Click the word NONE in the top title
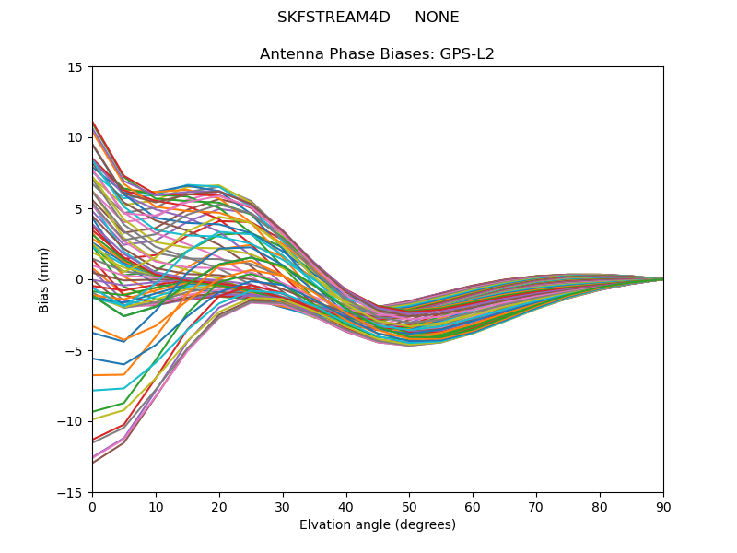tap(437, 18)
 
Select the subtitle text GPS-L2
tap(469, 54)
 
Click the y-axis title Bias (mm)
tap(44, 279)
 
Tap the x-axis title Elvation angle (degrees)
tap(378, 525)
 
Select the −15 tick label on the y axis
tap(72, 493)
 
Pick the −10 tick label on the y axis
tap(72, 422)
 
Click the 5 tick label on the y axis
tap(79, 209)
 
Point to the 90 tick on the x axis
tap(663, 507)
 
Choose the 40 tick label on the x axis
tap(346, 507)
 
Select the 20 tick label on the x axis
tap(219, 507)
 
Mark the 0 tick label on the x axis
tap(92, 507)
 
